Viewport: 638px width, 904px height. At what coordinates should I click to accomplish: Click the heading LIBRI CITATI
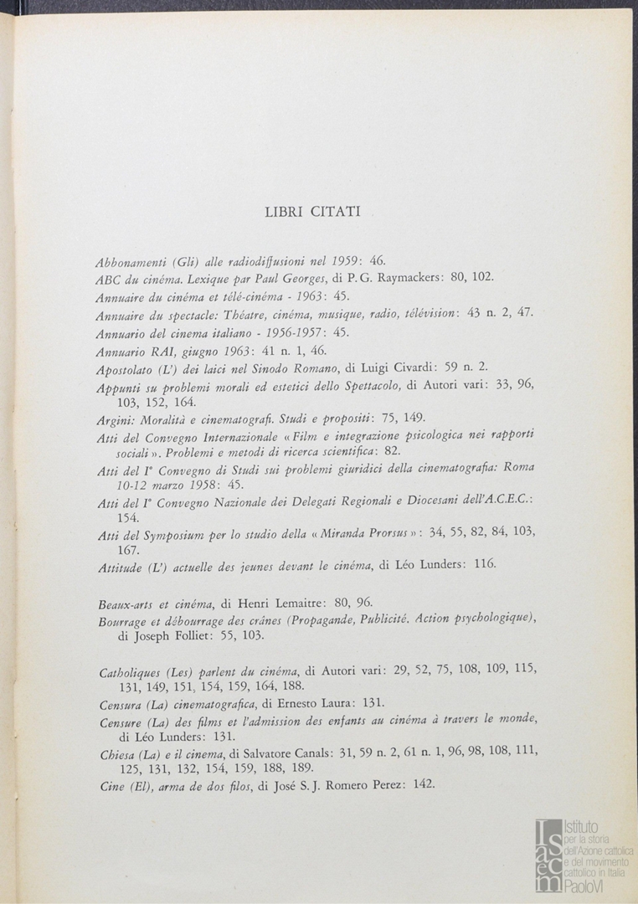[312, 212]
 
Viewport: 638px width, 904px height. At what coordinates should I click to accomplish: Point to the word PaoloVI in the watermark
[585, 886]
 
